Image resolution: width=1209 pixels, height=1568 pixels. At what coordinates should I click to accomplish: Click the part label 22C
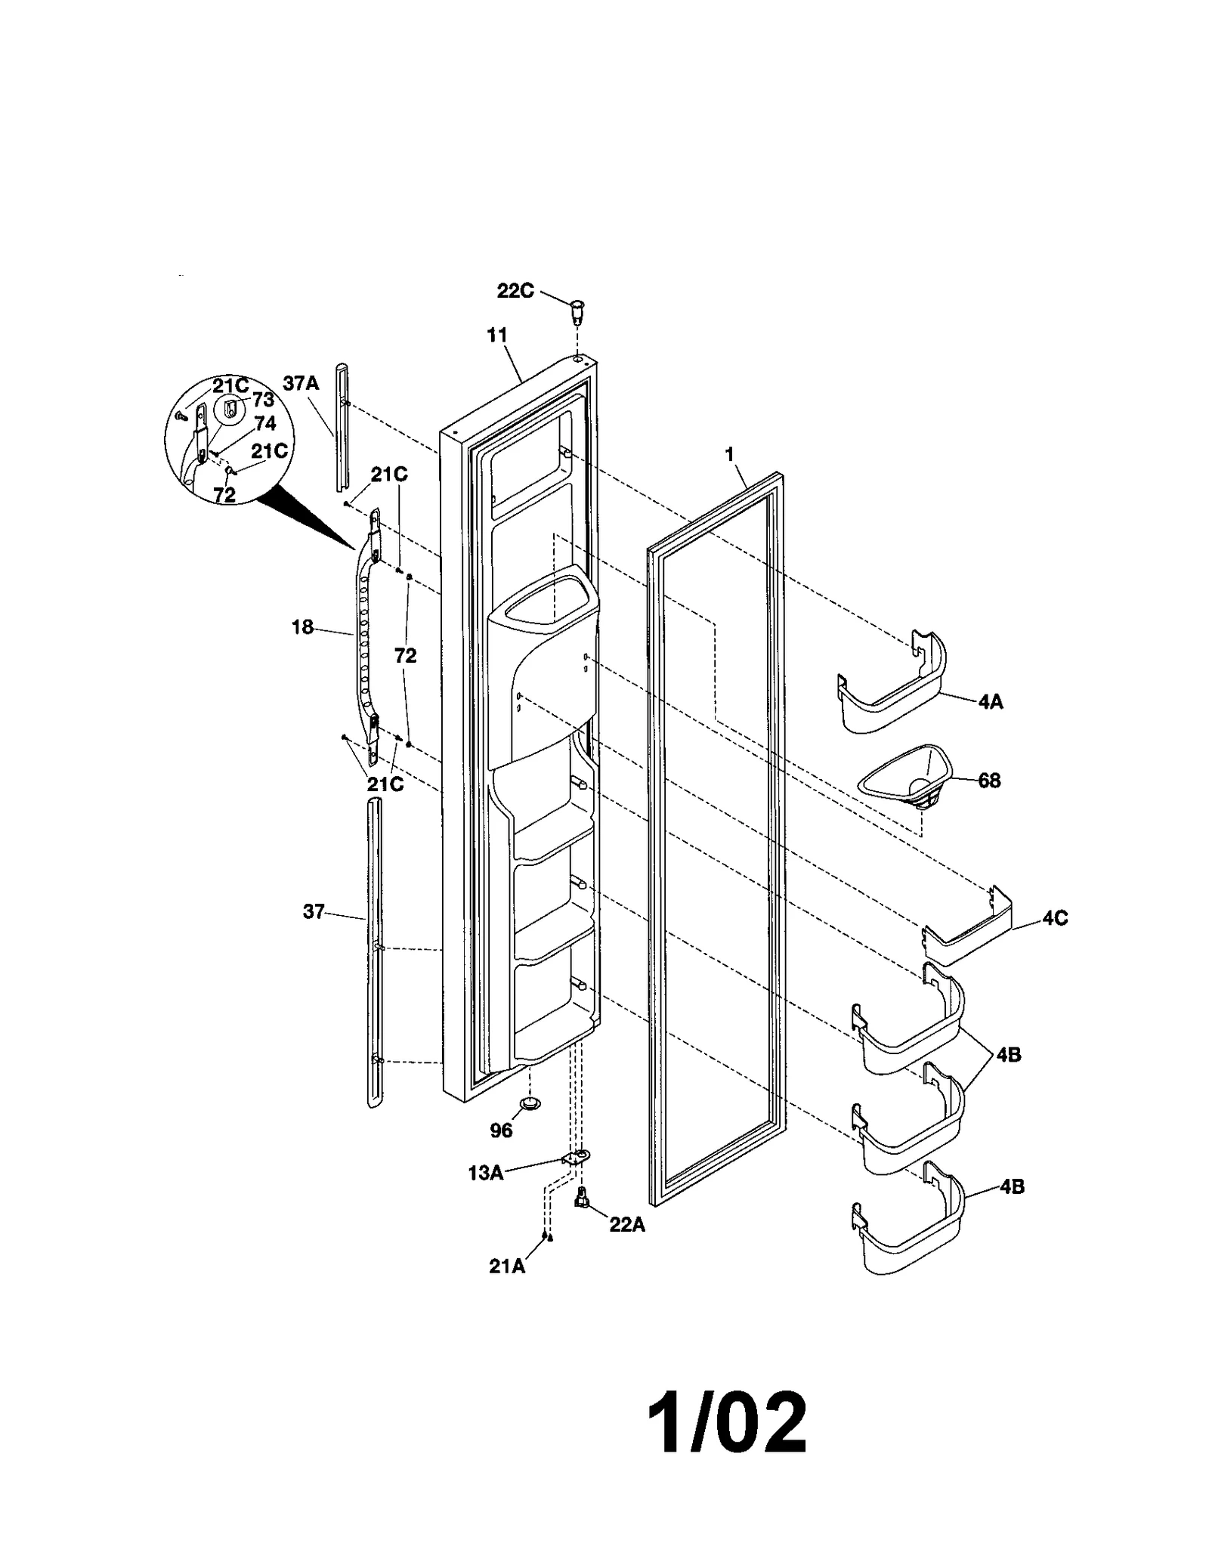tap(515, 291)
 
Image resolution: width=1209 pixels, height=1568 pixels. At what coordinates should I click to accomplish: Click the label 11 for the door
tap(496, 335)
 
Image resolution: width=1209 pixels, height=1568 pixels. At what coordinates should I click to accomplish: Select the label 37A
tap(301, 384)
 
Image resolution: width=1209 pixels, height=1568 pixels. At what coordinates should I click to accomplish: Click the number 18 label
tap(302, 627)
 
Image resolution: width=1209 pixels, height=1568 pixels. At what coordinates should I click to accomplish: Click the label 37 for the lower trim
tap(314, 912)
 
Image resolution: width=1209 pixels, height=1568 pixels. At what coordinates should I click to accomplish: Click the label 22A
tap(627, 1225)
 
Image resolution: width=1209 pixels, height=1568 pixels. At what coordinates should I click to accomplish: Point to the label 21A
tap(506, 1266)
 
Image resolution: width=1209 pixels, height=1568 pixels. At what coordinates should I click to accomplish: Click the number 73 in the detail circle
tap(262, 401)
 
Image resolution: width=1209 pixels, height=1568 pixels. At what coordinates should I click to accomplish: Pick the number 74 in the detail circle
tap(265, 423)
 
